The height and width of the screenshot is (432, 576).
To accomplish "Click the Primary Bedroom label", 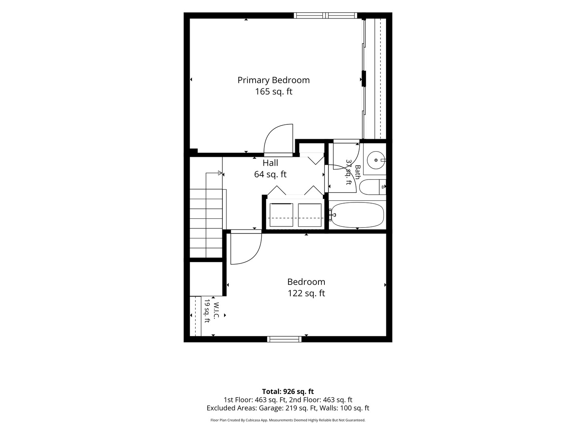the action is [274, 80].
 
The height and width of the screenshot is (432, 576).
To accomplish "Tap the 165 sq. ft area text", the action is [274, 92].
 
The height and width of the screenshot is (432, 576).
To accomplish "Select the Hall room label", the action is [270, 163].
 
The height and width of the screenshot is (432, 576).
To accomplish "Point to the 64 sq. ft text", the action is [270, 174].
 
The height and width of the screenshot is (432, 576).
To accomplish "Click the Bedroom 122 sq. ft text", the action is [306, 288].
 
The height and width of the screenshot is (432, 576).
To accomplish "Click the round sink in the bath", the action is [376, 160].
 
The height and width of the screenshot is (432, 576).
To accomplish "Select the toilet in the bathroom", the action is [372, 187].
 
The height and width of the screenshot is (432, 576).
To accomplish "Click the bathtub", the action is [357, 215].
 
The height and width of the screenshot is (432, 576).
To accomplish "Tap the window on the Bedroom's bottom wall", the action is [284, 339].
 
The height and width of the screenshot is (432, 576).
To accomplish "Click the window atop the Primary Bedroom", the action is [325, 16].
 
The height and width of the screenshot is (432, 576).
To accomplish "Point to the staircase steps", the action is [206, 223].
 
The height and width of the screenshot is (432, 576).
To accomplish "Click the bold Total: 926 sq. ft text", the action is [288, 392].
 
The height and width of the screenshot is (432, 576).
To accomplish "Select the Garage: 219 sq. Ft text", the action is [285, 408].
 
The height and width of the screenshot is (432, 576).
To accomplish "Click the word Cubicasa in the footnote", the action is [252, 420].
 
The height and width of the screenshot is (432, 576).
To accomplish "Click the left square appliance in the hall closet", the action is [281, 215].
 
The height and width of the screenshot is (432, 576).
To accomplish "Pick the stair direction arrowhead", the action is [220, 173].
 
